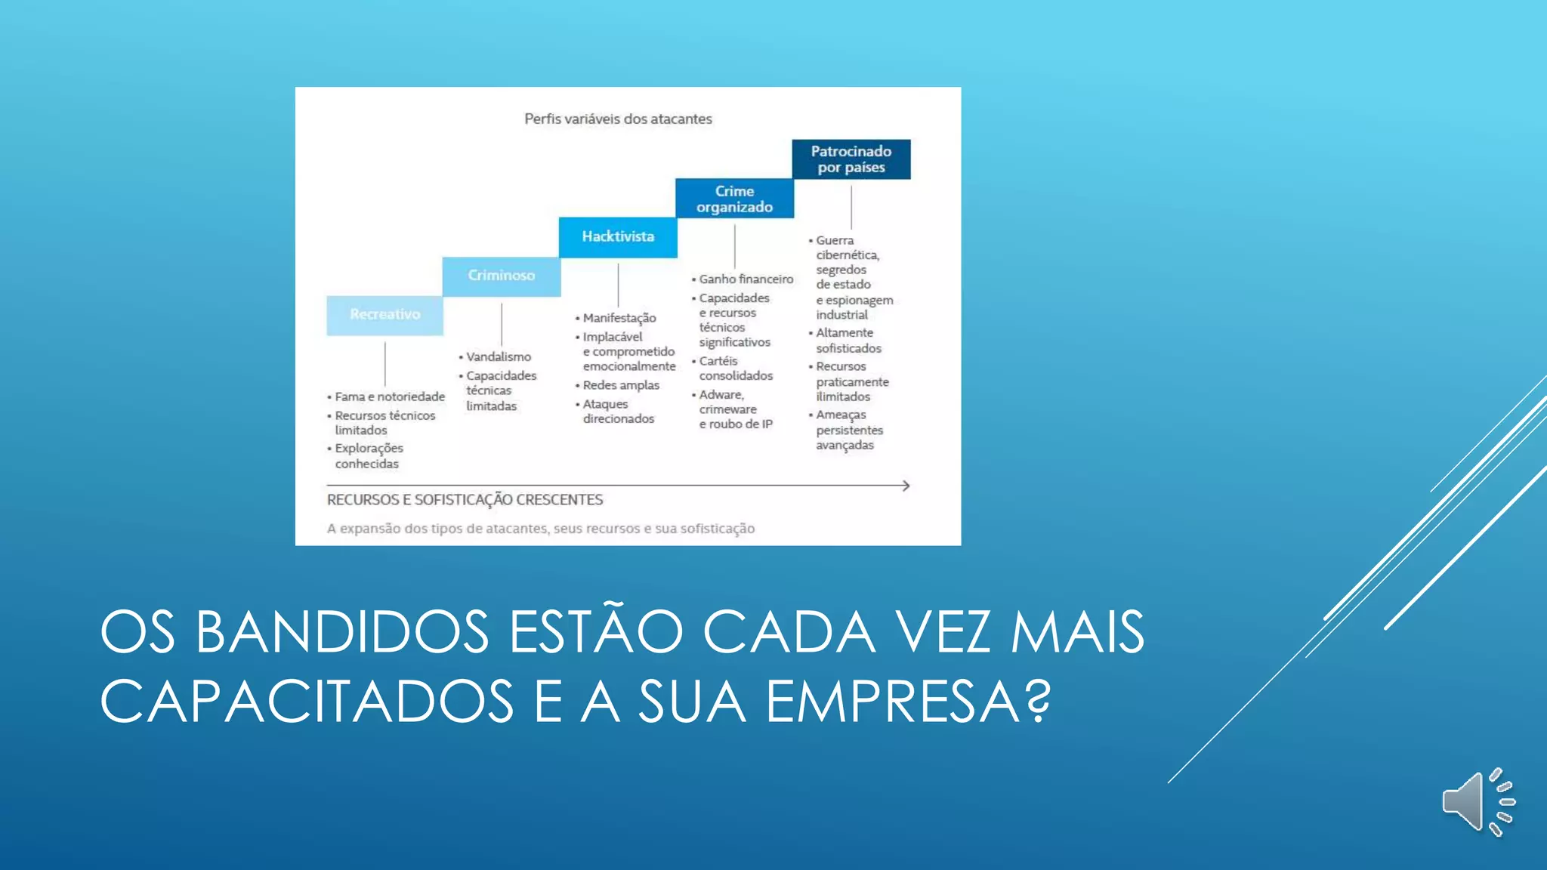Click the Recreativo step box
tap(384, 315)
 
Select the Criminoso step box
tap(501, 276)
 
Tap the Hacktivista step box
tap(618, 237)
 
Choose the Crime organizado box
tap(734, 199)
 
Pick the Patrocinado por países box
tap(851, 159)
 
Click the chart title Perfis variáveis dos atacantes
tap(618, 119)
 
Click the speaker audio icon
tap(1477, 802)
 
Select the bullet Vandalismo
tap(498, 356)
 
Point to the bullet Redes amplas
tap(620, 385)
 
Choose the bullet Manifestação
tap(619, 318)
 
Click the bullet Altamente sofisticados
tap(847, 341)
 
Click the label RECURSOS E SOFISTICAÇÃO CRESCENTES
tap(465, 500)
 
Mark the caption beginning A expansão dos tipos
tap(540, 529)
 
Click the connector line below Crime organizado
tap(734, 246)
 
